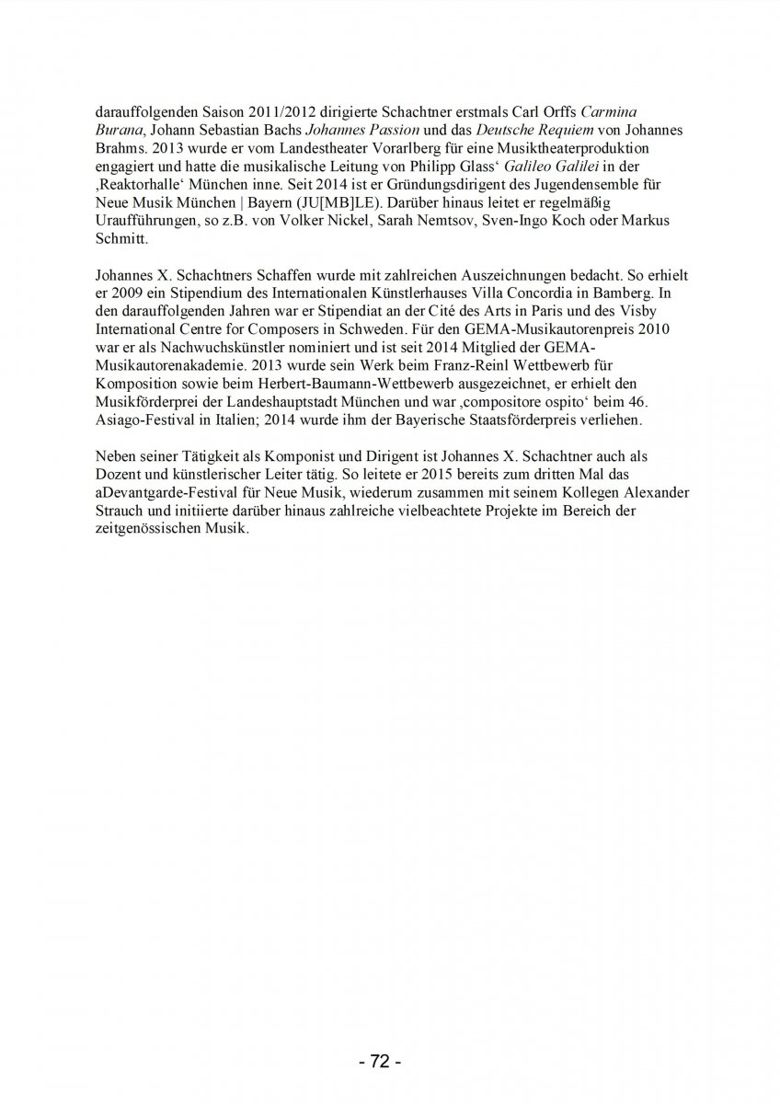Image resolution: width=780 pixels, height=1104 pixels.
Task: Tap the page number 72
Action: (379, 1062)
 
